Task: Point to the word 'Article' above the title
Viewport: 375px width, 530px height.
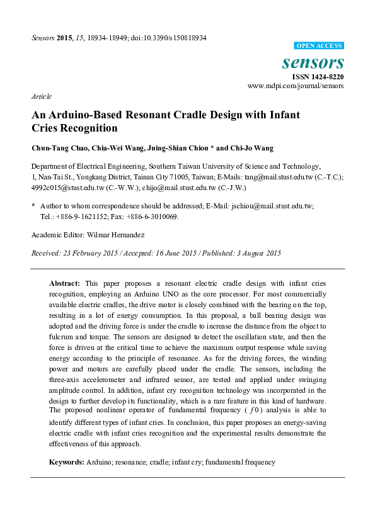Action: [41, 97]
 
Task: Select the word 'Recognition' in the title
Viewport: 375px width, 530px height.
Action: [89, 128]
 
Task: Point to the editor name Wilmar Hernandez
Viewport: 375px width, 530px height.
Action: [115, 234]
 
